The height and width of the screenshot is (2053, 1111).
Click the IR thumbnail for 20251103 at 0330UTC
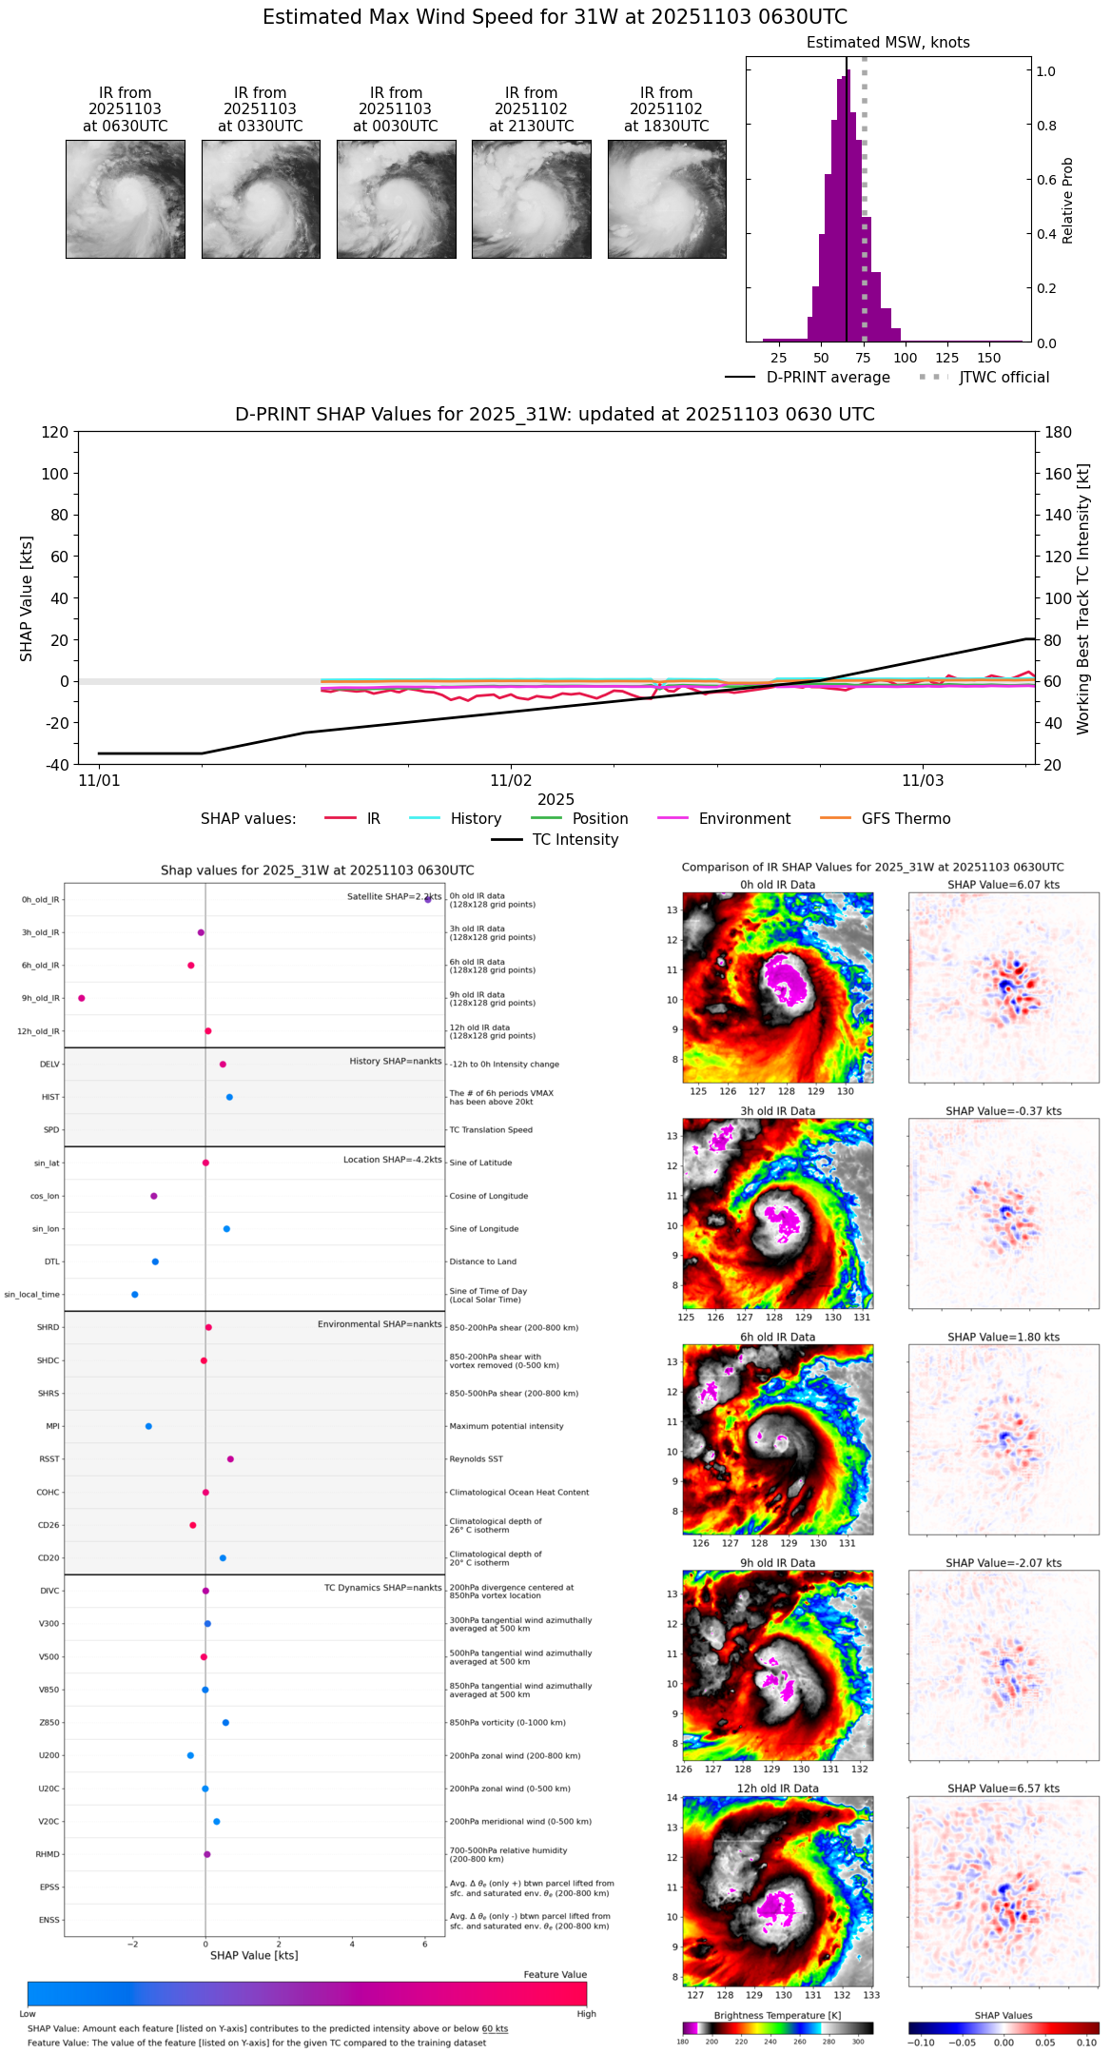(x=261, y=199)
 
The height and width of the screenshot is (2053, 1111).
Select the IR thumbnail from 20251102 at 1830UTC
(x=667, y=199)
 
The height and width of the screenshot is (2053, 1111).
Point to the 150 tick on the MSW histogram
(x=989, y=358)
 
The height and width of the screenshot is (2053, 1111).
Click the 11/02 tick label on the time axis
(x=511, y=781)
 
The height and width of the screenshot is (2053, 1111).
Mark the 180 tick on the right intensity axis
(x=1059, y=433)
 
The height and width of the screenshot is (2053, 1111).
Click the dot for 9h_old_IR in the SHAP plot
(x=82, y=998)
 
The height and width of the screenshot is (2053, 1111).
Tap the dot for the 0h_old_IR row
(x=428, y=899)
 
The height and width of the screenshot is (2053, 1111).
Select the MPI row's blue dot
(x=148, y=1426)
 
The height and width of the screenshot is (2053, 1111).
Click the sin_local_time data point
(x=135, y=1295)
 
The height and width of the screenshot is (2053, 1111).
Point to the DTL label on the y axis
(x=51, y=1262)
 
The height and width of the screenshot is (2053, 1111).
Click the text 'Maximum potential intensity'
(x=506, y=1426)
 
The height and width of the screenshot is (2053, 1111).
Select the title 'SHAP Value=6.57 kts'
(x=1004, y=1789)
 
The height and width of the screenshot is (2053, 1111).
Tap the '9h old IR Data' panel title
(x=777, y=1563)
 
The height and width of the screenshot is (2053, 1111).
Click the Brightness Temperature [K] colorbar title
(x=777, y=2015)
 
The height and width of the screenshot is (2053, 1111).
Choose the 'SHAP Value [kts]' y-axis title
(x=27, y=598)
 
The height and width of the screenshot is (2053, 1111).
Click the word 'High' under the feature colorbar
(x=586, y=2013)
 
